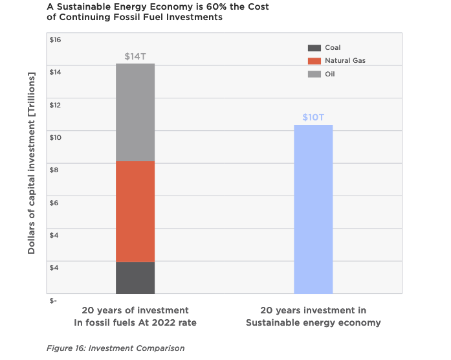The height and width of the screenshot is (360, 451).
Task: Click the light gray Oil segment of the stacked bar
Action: (x=135, y=112)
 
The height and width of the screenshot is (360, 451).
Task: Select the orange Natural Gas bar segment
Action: (x=135, y=211)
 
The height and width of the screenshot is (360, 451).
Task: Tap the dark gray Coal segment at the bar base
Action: (x=135, y=277)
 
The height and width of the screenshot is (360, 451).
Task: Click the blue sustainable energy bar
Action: (x=313, y=209)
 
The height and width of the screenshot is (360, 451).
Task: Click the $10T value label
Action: (x=314, y=117)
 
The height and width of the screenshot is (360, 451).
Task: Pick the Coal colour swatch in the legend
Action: (x=314, y=48)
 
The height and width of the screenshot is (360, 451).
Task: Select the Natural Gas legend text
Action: (x=346, y=61)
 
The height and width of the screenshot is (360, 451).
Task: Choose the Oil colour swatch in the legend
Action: (x=314, y=74)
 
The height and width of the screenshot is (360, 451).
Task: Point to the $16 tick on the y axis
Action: (x=55, y=39)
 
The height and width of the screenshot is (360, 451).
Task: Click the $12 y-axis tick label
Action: (x=55, y=105)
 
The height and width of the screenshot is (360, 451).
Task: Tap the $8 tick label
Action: (x=55, y=170)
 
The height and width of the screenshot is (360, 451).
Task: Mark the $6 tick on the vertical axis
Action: (x=55, y=203)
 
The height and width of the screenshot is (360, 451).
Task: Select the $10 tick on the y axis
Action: (x=55, y=137)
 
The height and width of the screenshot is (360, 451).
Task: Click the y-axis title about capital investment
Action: (x=32, y=162)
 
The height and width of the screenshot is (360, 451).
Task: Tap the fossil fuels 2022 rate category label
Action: (x=135, y=316)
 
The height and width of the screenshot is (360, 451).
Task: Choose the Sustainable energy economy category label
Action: (x=313, y=316)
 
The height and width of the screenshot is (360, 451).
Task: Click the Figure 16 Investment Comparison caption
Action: (x=115, y=348)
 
